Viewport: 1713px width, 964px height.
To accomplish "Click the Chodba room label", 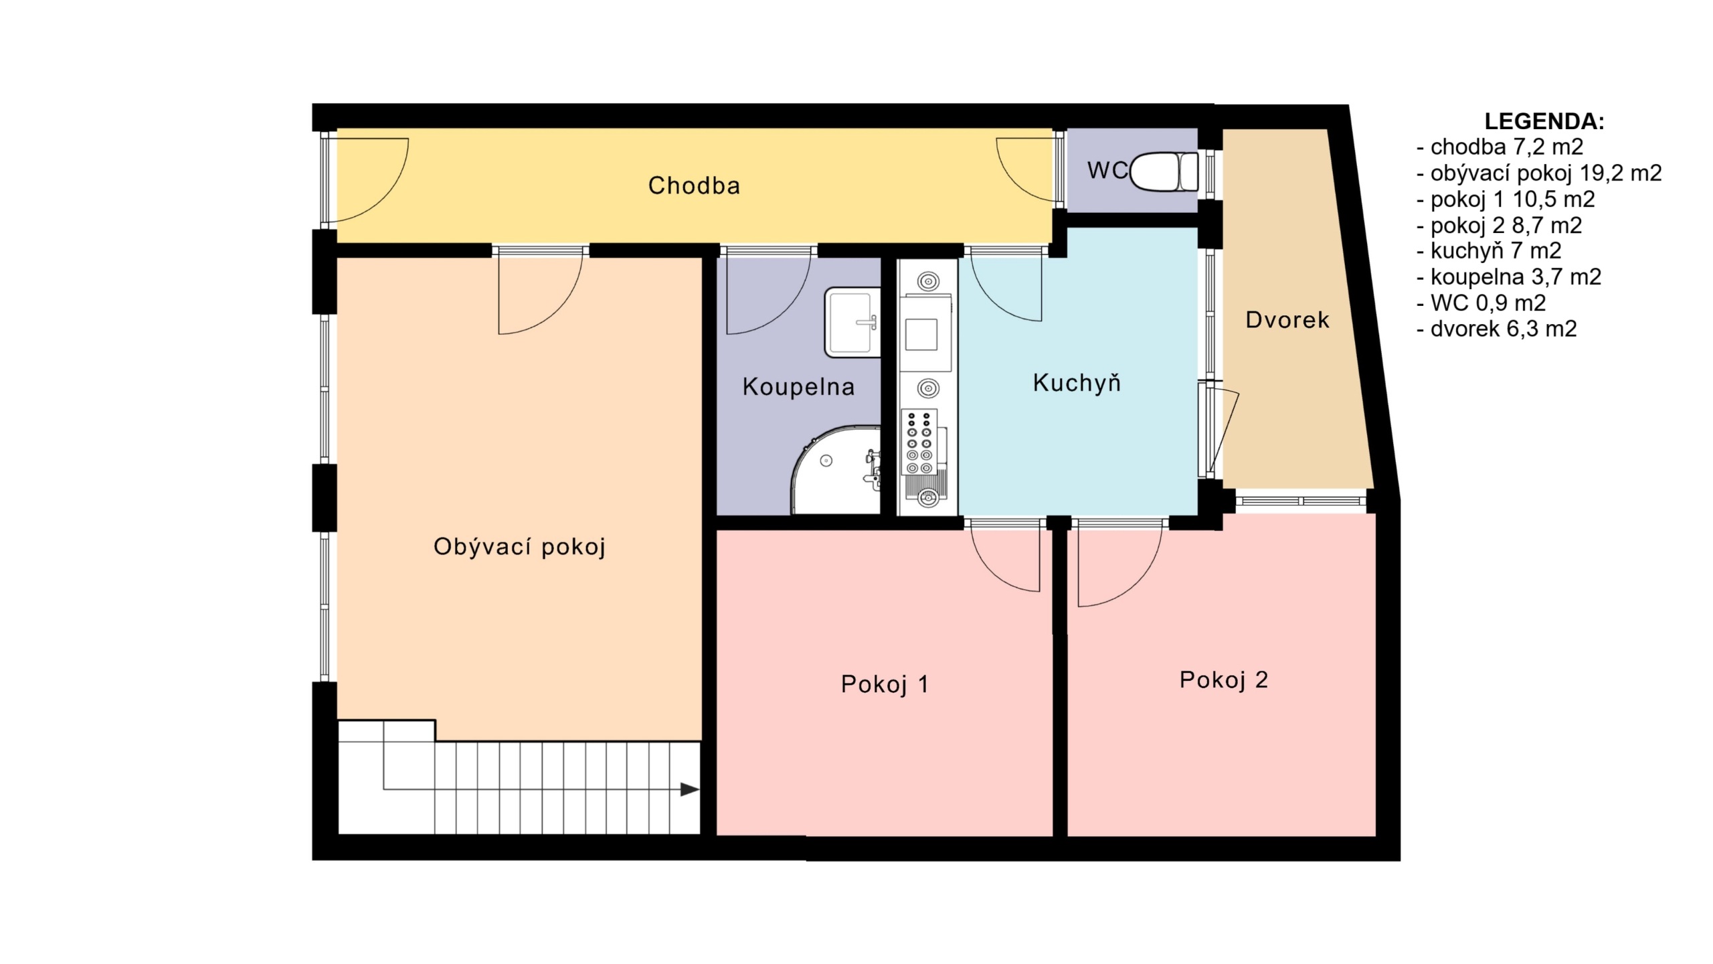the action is pos(694,185).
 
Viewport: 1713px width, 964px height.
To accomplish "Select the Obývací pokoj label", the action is pos(519,547).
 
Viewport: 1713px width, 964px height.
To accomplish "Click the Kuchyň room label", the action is pos(1077,382).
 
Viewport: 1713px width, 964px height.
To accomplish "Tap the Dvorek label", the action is pos(1287,320).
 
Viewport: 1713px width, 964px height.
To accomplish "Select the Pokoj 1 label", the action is pos(885,684).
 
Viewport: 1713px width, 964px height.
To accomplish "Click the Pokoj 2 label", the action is pos(1224,679).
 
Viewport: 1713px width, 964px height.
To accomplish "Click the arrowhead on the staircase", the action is pos(690,789).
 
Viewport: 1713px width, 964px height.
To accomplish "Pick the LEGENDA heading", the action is pos(1544,121).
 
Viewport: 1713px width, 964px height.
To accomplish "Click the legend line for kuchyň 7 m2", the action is pos(1489,251).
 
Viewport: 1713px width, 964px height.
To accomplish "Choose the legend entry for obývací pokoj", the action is pos(1539,173).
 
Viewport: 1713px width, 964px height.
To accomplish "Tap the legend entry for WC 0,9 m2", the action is pos(1481,303).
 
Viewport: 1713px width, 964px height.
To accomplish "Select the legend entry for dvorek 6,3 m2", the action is pos(1496,329).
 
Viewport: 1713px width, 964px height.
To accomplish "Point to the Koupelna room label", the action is pos(798,387).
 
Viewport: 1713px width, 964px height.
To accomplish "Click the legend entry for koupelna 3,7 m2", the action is pos(1509,277).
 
